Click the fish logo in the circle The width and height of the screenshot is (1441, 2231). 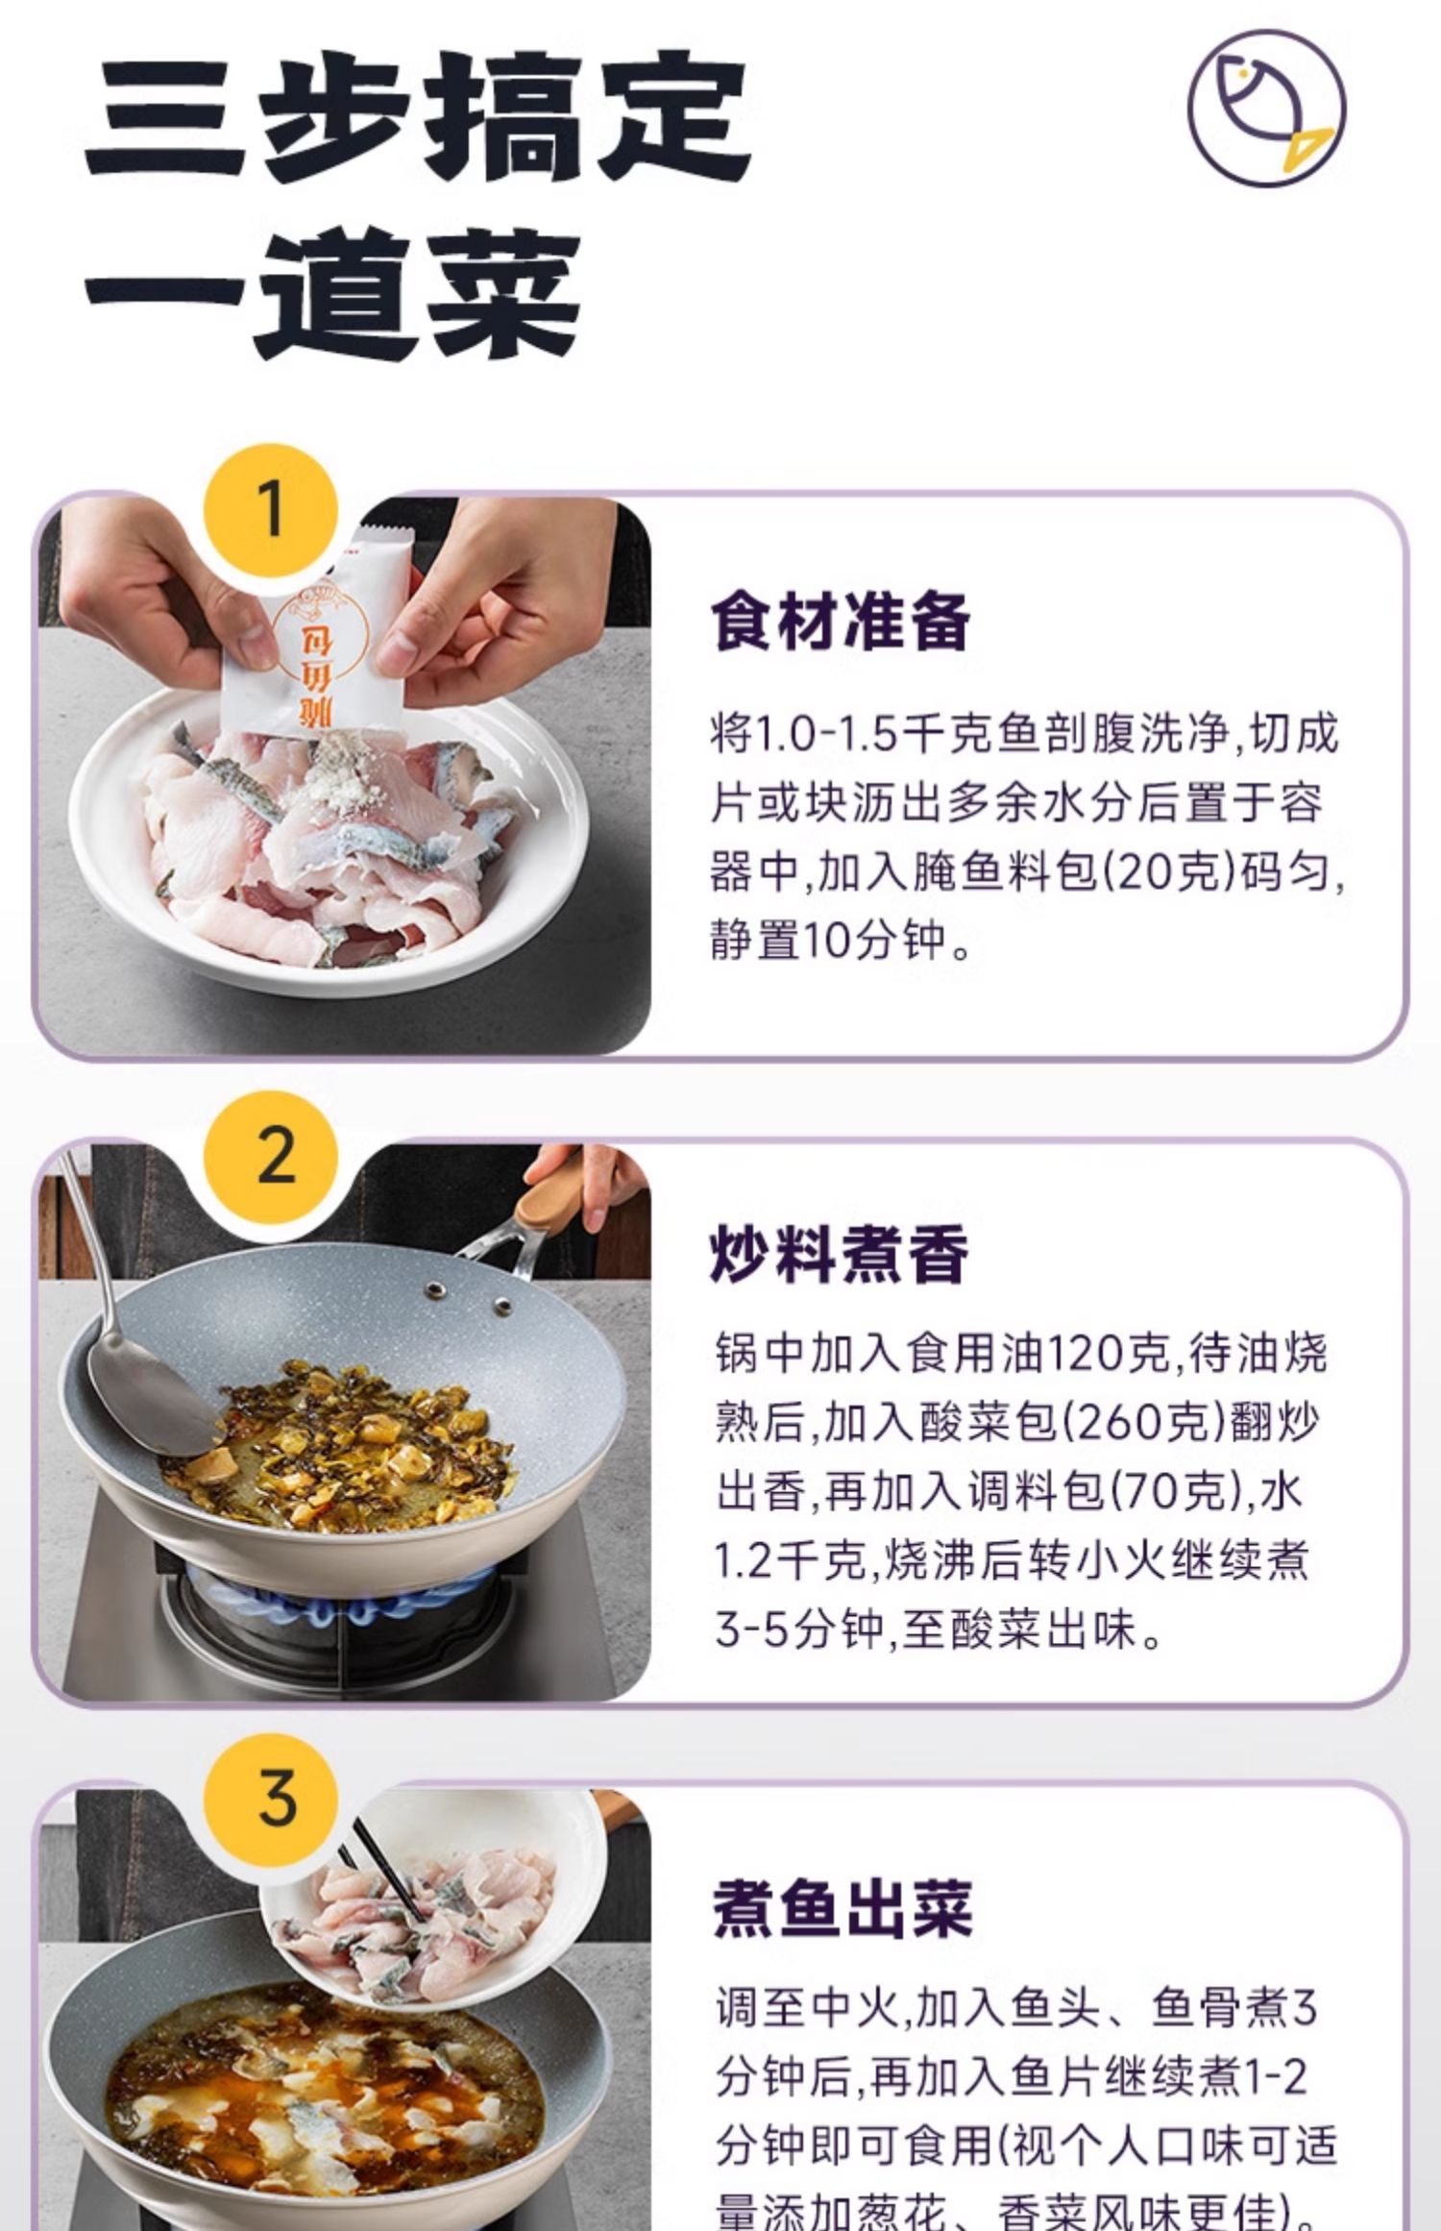(1266, 107)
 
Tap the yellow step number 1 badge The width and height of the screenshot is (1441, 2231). (272, 510)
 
